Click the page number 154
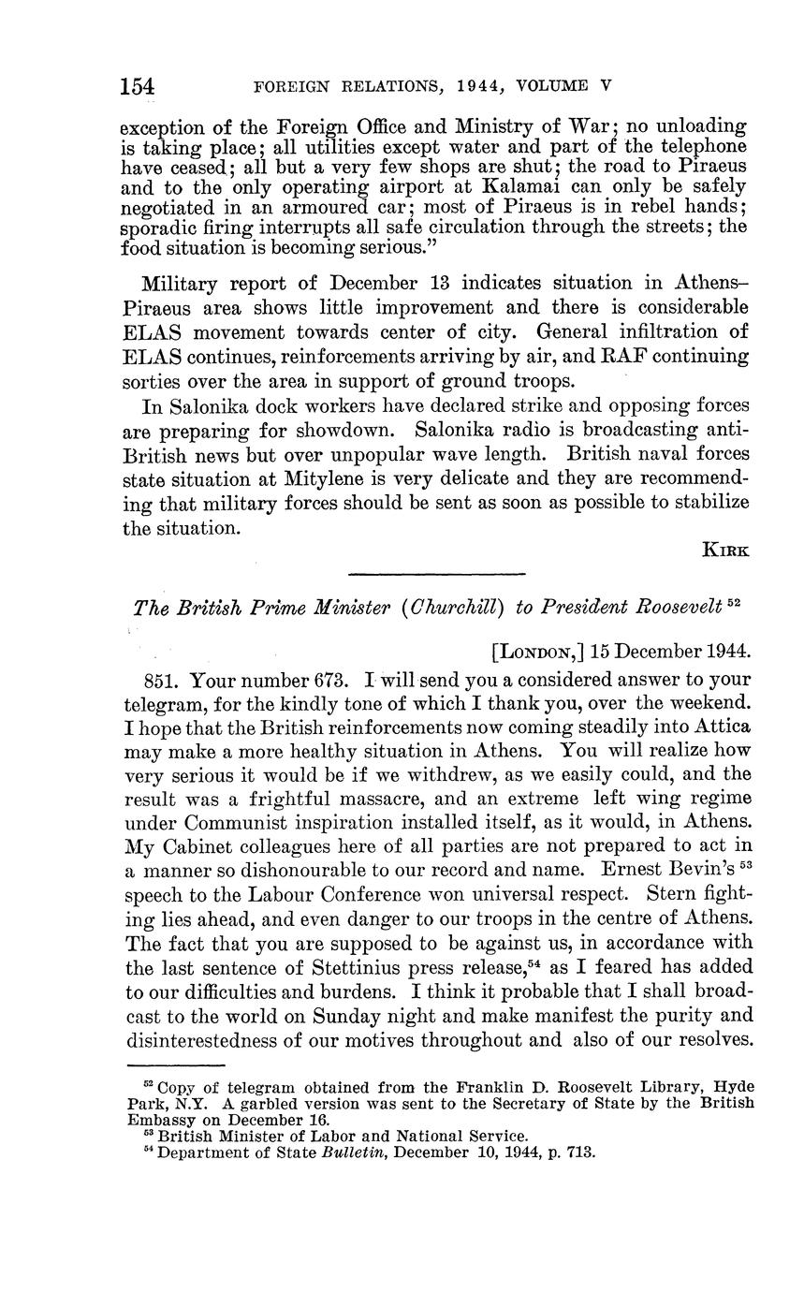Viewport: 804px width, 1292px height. pyautogui.click(x=137, y=87)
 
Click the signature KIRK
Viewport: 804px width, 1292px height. pyautogui.click(x=725, y=551)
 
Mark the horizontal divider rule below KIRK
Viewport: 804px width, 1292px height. pyautogui.click(x=436, y=575)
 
